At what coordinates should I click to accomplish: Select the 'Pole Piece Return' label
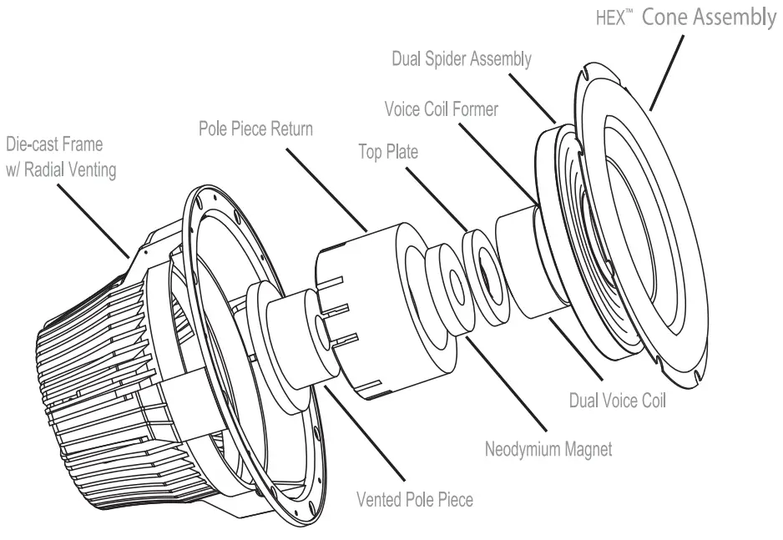click(x=255, y=130)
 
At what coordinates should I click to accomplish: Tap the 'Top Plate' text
click(x=387, y=153)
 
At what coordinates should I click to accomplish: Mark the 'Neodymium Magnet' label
click(x=548, y=449)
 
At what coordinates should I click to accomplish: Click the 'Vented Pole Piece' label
click(x=414, y=500)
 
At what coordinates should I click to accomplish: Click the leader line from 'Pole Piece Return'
click(x=326, y=188)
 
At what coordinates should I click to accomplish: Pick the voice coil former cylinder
click(x=522, y=263)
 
